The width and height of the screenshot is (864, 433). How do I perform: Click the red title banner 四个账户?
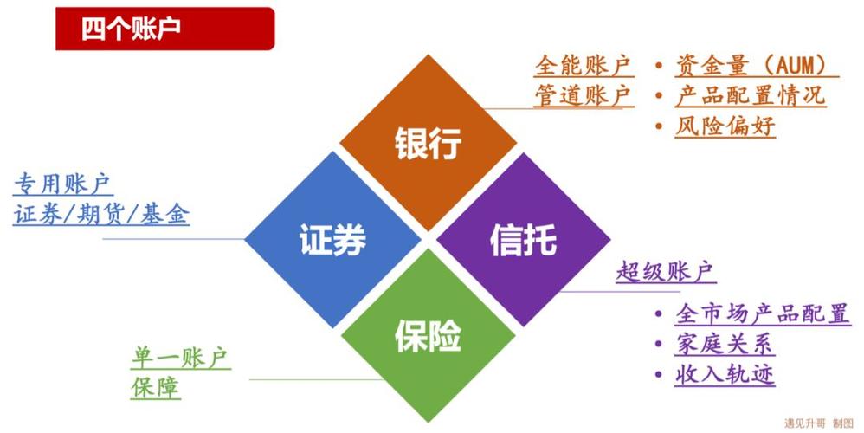pyautogui.click(x=164, y=29)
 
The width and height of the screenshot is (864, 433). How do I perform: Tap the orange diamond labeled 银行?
pyautogui.click(x=429, y=143)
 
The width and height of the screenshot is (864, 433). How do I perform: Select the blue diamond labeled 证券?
pyautogui.click(x=332, y=240)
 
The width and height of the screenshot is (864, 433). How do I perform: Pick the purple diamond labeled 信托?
pyautogui.click(x=524, y=240)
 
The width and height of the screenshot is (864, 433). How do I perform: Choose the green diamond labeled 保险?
pyautogui.click(x=429, y=335)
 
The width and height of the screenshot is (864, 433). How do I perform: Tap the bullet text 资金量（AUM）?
pyautogui.click(x=756, y=66)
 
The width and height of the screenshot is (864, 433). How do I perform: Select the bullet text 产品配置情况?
pyautogui.click(x=751, y=95)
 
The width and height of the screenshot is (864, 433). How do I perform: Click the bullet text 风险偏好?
pyautogui.click(x=725, y=126)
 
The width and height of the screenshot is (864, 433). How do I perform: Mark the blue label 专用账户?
pyautogui.click(x=63, y=184)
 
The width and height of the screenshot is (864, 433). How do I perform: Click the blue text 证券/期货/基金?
pyautogui.click(x=101, y=214)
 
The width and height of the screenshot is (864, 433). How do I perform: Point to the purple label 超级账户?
pyautogui.click(x=666, y=272)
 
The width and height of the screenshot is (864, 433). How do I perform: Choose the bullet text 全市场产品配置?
pyautogui.click(x=763, y=313)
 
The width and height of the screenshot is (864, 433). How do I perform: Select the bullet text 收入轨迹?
pyautogui.click(x=725, y=375)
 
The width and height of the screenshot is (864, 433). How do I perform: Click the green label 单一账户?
pyautogui.click(x=181, y=358)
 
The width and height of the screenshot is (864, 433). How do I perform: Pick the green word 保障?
pyautogui.click(x=155, y=388)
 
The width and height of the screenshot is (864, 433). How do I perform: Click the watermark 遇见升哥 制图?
pyautogui.click(x=819, y=423)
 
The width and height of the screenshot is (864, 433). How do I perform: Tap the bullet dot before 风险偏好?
pyautogui.click(x=659, y=126)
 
